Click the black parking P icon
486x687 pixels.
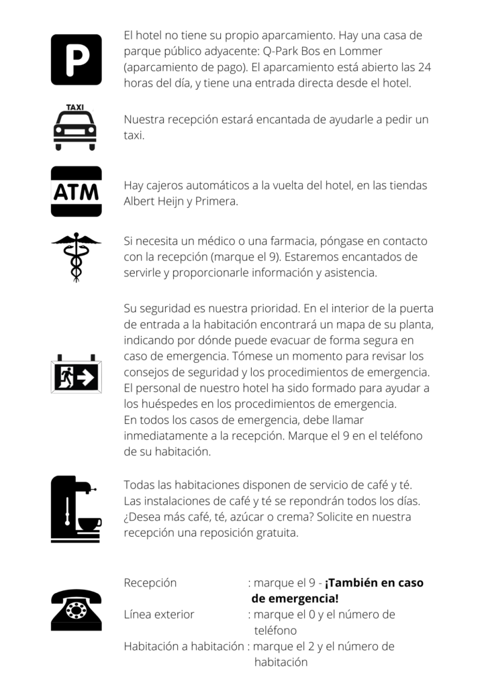coord(77,60)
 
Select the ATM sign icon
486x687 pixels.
coord(77,192)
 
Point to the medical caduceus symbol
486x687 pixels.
coord(76,256)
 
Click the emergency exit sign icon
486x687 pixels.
coord(76,376)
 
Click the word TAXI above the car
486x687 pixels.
coord(75,107)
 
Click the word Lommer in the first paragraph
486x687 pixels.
coord(363,51)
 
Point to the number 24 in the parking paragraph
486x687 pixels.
coord(424,67)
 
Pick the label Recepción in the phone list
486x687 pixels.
coord(150,583)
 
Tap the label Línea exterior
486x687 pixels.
coord(159,615)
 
